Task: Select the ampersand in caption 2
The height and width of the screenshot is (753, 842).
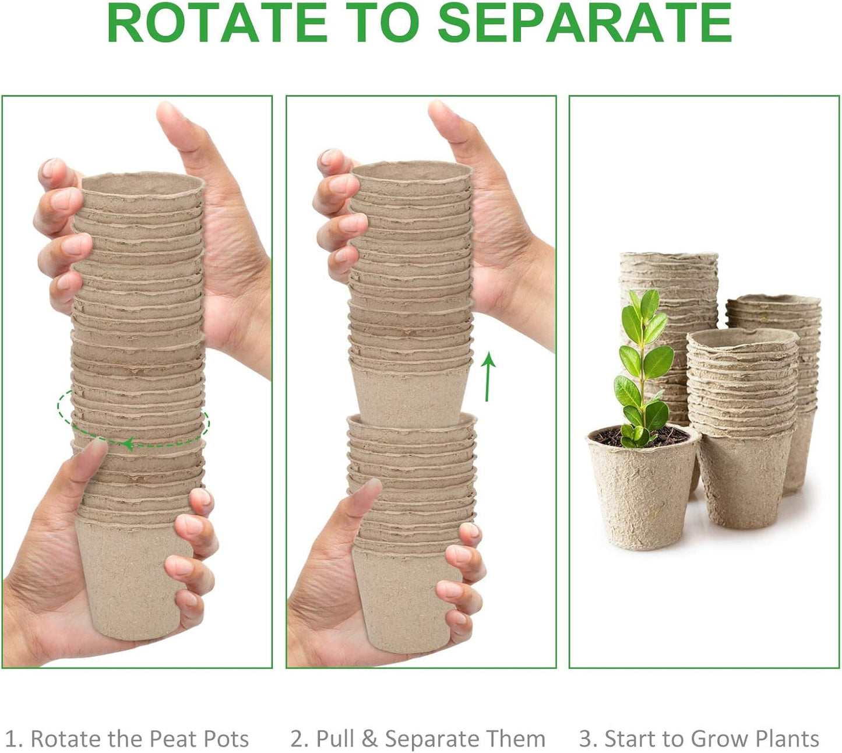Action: (x=369, y=738)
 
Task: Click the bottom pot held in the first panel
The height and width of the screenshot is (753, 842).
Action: (x=134, y=583)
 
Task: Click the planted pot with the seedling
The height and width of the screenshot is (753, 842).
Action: (x=641, y=495)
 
